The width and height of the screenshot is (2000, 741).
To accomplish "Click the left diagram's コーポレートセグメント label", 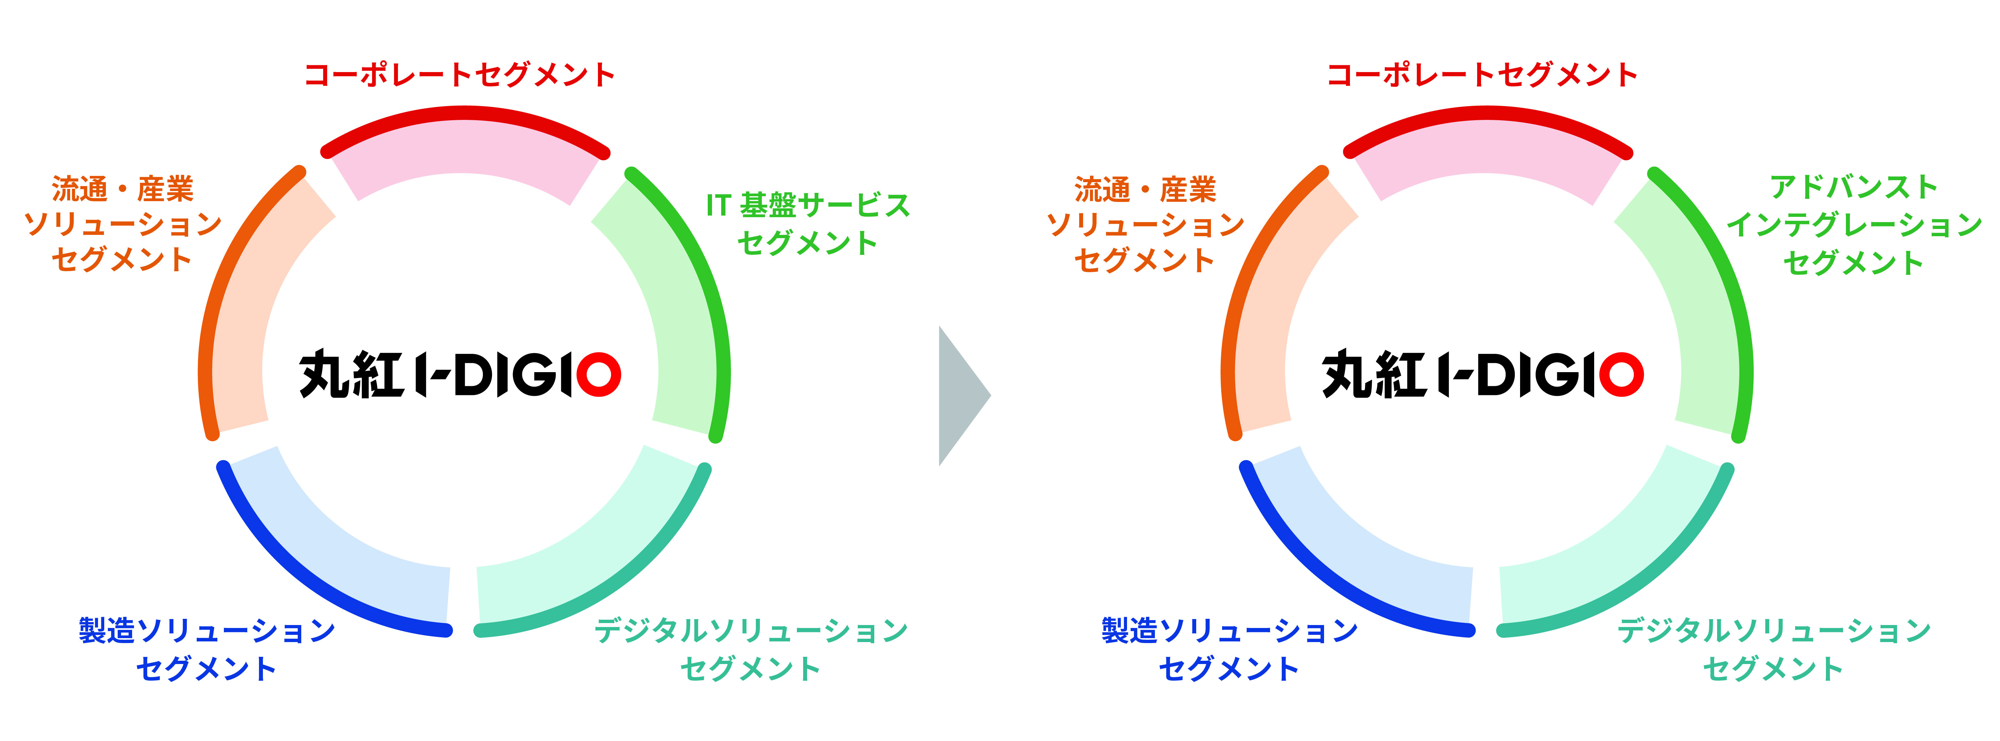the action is pyautogui.click(x=460, y=74).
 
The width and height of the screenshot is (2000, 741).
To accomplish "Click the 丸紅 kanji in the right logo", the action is pyautogui.click(x=1374, y=374).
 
